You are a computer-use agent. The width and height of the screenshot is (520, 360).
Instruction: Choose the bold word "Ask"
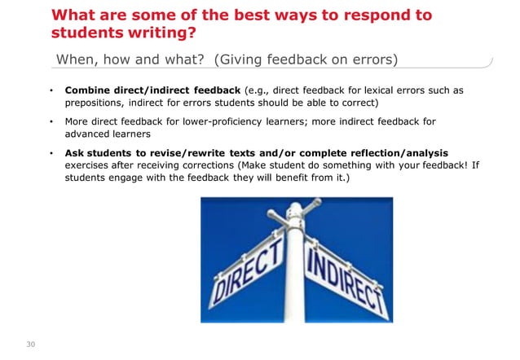point(75,153)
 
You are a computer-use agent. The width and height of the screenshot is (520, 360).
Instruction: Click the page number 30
point(32,344)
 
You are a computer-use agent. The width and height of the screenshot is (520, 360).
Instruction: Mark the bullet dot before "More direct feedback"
point(51,122)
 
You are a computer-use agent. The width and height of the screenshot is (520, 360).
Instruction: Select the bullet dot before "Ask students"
point(51,153)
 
